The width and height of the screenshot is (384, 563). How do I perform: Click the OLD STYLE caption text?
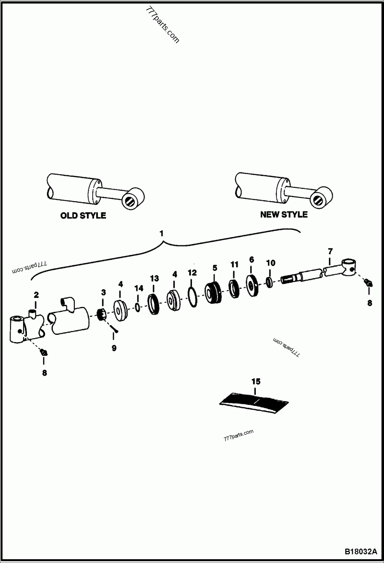click(x=83, y=216)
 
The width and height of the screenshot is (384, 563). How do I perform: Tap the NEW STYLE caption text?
click(x=284, y=214)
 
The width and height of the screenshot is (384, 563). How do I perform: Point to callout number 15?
click(x=256, y=381)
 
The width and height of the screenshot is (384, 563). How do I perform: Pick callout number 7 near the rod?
click(x=330, y=251)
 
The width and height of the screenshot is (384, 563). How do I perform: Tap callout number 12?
click(x=192, y=272)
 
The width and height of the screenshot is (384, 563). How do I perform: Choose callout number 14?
click(x=139, y=288)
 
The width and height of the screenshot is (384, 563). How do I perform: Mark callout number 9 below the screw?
click(x=114, y=348)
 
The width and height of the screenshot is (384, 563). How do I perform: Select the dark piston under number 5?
click(x=213, y=292)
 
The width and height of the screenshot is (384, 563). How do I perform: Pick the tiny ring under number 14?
click(x=138, y=306)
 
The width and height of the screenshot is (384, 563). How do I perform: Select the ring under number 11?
click(x=234, y=288)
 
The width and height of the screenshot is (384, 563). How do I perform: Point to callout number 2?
click(x=36, y=294)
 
